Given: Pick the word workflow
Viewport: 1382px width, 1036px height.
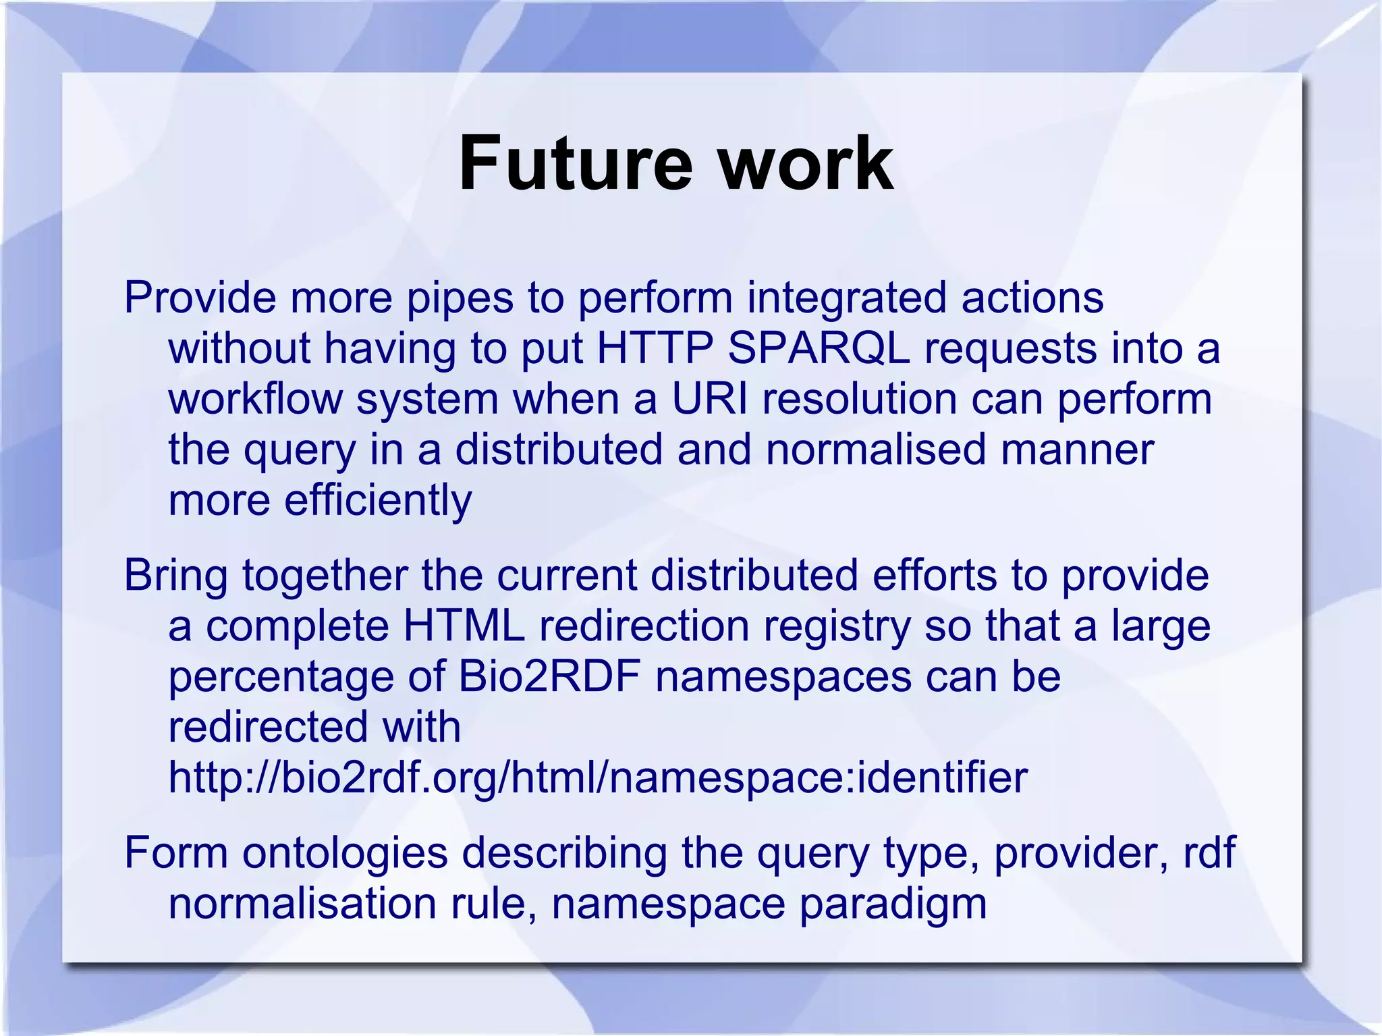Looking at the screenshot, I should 255,399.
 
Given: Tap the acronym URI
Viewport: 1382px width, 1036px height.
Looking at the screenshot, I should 710,399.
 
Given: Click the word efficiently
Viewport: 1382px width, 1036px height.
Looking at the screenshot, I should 378,500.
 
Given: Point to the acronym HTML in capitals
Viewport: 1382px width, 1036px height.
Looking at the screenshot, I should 464,626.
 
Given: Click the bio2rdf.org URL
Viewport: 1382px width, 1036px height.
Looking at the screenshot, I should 598,778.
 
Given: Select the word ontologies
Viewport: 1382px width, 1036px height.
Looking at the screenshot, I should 345,853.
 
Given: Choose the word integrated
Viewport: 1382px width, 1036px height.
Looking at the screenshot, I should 846,298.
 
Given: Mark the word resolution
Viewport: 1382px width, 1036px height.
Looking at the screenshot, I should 859,399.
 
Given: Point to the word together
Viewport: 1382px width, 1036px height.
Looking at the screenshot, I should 325,576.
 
